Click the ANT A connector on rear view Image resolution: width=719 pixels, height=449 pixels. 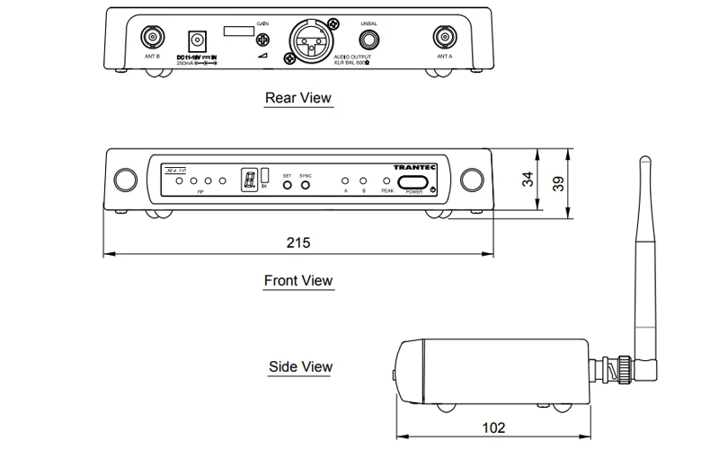tap(444, 38)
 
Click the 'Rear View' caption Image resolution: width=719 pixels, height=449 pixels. tap(298, 97)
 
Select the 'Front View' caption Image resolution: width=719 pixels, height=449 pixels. tap(298, 281)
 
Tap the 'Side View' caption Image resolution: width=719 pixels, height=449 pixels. tap(300, 366)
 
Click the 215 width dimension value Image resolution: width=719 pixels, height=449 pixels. tap(297, 242)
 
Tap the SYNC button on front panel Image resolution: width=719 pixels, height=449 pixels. tap(306, 185)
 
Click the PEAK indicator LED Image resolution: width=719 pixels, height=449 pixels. tap(387, 180)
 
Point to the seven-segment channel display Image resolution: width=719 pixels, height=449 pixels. tap(246, 180)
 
